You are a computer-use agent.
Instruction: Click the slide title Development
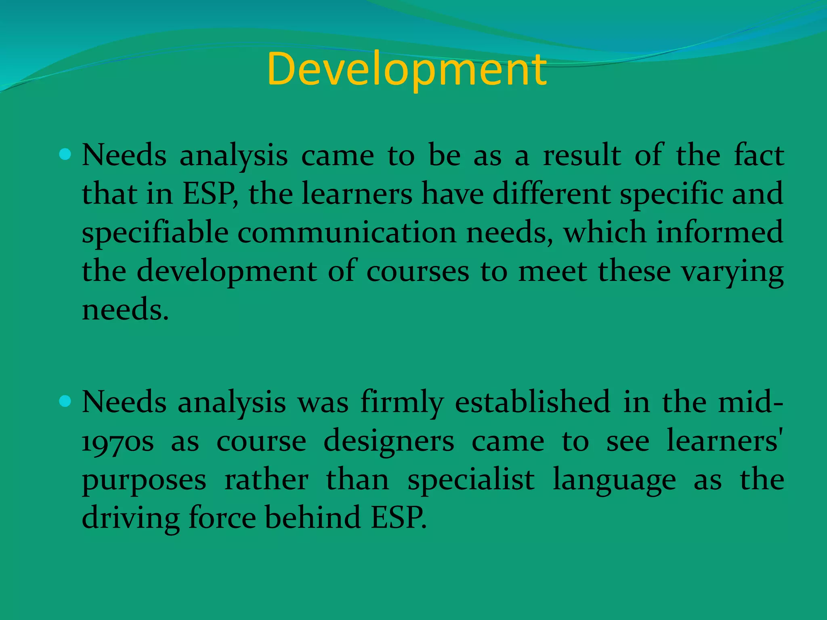[x=407, y=69]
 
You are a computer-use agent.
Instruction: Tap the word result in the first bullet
[x=582, y=155]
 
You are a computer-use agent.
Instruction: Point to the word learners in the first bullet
[x=357, y=194]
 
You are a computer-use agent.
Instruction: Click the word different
[x=552, y=194]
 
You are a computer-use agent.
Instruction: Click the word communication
[x=347, y=233]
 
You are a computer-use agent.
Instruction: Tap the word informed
[x=720, y=233]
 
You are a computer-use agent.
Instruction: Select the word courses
[x=418, y=272]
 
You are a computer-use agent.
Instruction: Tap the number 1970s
[x=118, y=442]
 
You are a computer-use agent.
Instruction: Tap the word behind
[x=313, y=518]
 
